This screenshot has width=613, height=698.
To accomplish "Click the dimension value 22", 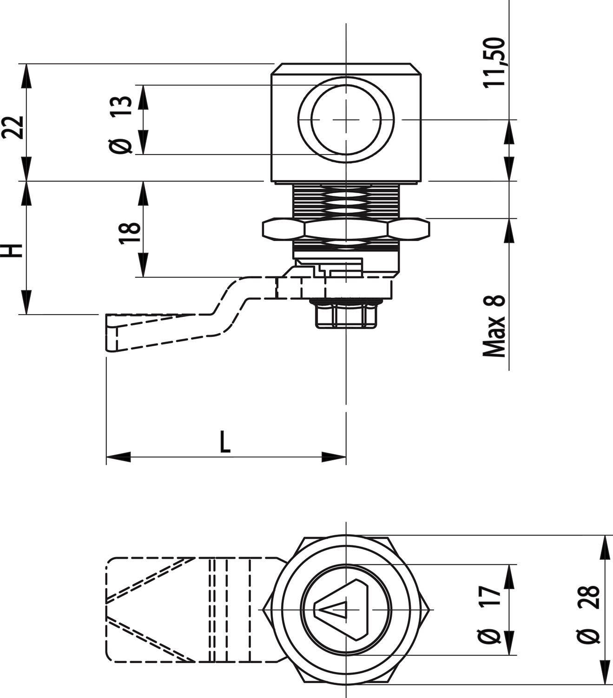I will point(13,127).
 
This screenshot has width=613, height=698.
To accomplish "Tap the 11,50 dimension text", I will point(494,62).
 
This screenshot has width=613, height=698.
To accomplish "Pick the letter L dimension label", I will point(225,442).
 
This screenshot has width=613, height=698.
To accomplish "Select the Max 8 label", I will point(494,326).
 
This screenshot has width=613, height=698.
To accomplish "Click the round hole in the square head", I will point(346,120).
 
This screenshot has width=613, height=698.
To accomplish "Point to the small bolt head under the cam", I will point(346,315).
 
